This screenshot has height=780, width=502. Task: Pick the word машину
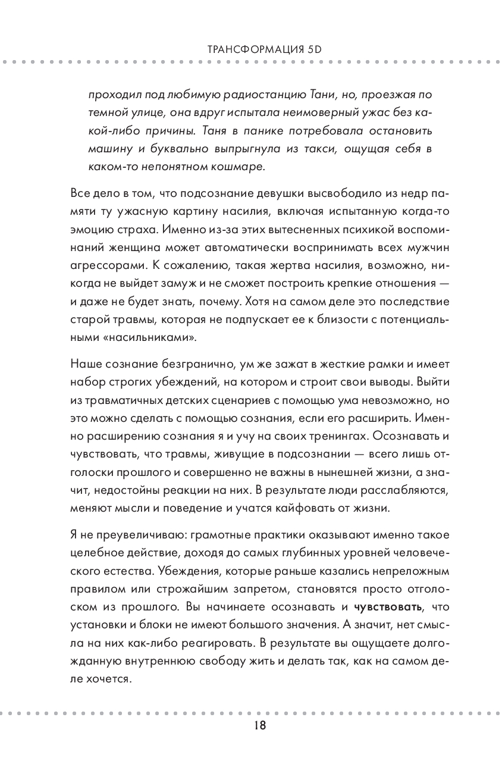[107, 149]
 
